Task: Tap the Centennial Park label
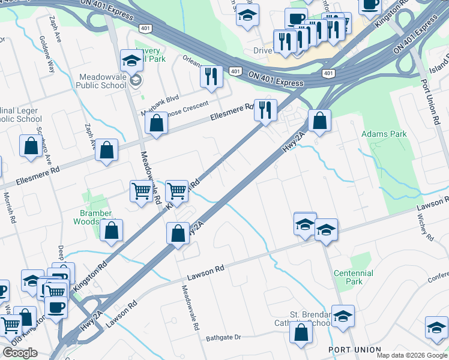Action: tap(354, 277)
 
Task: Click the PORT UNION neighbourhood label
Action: tap(354, 349)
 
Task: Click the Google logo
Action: tap(20, 353)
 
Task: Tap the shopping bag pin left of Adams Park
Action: tap(321, 121)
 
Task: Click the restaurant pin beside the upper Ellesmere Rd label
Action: tap(265, 110)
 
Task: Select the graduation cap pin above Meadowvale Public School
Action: tap(131, 61)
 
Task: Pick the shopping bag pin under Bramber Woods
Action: tap(111, 230)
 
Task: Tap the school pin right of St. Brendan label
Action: tap(343, 316)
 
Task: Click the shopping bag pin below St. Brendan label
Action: tap(300, 332)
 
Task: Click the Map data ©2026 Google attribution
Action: tap(412, 355)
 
